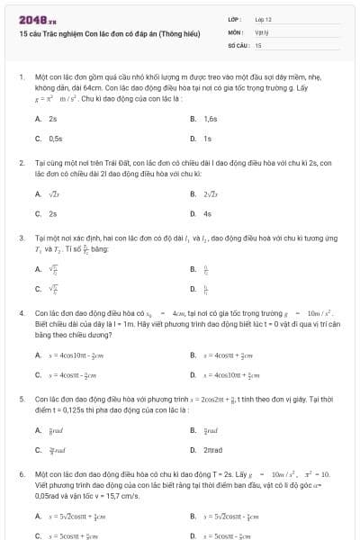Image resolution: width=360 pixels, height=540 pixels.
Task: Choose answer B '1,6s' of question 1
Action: point(210,119)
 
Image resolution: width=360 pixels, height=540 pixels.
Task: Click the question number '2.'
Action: point(21,163)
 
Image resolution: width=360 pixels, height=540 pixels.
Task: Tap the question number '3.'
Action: point(21,238)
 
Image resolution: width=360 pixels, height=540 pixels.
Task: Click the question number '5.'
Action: point(21,397)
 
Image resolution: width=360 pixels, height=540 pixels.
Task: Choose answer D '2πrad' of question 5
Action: point(212,449)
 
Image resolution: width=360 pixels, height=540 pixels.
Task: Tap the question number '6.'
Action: point(21,472)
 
